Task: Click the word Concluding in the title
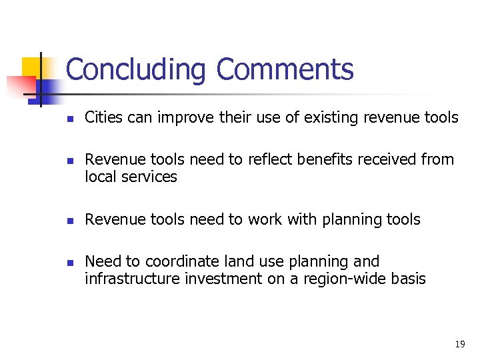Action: tap(137, 70)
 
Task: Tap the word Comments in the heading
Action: tap(285, 70)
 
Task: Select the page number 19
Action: tap(459, 344)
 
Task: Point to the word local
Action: tap(99, 177)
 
